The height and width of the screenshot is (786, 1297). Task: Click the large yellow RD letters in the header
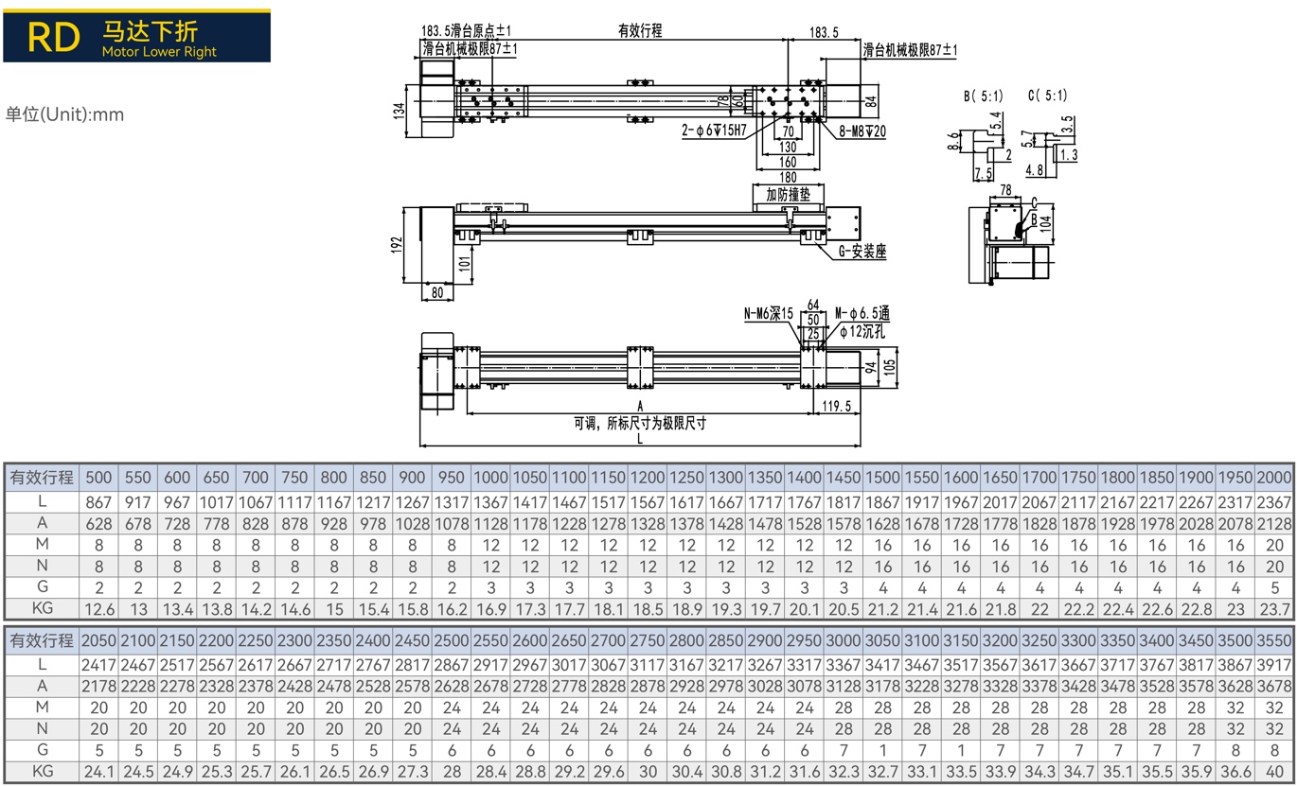tap(53, 37)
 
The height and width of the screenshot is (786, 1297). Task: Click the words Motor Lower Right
tap(159, 51)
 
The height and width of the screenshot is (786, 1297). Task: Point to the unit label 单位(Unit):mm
tap(64, 114)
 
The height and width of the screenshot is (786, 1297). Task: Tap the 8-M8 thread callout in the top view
tap(862, 131)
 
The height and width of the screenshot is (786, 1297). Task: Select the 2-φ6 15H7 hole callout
tap(714, 131)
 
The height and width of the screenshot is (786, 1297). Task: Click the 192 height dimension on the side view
tap(397, 245)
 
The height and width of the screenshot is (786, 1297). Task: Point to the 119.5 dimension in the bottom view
tap(837, 406)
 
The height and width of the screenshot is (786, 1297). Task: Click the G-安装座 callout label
tap(862, 251)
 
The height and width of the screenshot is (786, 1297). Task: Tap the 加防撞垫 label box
tap(788, 194)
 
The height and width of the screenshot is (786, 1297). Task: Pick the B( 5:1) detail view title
tap(984, 96)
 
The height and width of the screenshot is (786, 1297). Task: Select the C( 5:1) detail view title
tap(1047, 96)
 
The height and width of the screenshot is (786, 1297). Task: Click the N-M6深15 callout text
tap(769, 313)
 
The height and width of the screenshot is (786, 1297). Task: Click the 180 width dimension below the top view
tap(788, 177)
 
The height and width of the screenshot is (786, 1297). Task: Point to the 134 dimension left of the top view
tap(399, 111)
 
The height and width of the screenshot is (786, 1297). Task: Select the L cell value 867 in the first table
tap(98, 502)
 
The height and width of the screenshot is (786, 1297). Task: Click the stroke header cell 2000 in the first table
tap(1274, 477)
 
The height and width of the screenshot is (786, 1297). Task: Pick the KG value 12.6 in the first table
tap(99, 609)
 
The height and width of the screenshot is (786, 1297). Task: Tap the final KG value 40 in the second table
tap(1274, 772)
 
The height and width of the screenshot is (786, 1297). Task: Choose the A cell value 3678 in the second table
tap(1274, 687)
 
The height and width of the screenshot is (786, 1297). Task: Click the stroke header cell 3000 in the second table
tap(843, 640)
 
